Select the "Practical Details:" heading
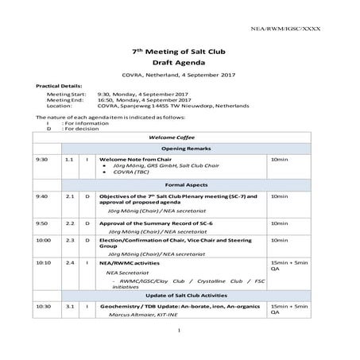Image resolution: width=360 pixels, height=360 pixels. (59, 84)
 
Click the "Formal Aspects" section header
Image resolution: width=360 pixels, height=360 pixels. (180, 184)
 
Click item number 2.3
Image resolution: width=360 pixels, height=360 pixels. (69, 239)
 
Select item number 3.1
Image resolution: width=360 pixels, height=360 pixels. (69, 306)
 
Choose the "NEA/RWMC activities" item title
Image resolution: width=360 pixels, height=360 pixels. (130, 261)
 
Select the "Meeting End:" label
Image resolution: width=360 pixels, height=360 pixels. (63, 99)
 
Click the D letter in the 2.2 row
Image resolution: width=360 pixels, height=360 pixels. (87, 223)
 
